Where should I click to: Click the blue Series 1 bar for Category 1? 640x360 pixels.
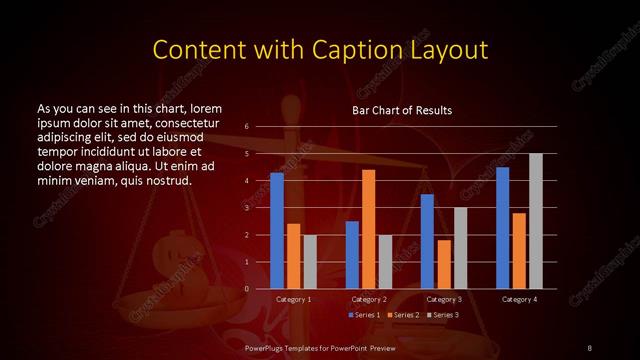coord(277,230)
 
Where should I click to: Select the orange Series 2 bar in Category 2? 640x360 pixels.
coord(369,229)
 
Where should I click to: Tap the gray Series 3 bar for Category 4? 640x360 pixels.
coord(536,221)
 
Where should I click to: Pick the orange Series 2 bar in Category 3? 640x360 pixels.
coord(444,264)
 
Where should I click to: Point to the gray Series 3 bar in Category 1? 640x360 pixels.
coord(310,261)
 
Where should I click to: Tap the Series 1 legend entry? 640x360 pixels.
coord(364,315)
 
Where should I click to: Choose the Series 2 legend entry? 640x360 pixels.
coord(402,315)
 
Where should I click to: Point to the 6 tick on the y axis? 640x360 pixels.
coord(248,127)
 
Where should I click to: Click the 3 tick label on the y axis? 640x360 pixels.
coord(248,208)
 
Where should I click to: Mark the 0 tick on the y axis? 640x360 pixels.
coord(248,289)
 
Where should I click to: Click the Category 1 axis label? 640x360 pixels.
coord(294,299)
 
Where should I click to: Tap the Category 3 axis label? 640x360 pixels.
coord(444,299)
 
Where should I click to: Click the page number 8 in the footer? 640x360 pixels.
coord(589,347)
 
